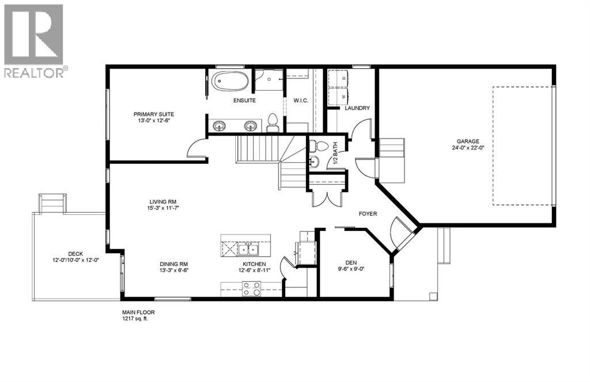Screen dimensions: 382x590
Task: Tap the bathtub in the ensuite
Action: click(230, 81)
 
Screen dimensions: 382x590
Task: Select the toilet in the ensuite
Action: click(273, 121)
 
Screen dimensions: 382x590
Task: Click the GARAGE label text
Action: click(468, 141)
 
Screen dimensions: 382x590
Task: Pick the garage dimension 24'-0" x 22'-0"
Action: click(468, 148)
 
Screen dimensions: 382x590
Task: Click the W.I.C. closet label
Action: click(301, 101)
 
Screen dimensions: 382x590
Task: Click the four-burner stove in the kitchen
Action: click(251, 288)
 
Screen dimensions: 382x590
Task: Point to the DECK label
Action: click(75, 253)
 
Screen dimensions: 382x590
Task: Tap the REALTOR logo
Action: click(34, 40)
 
